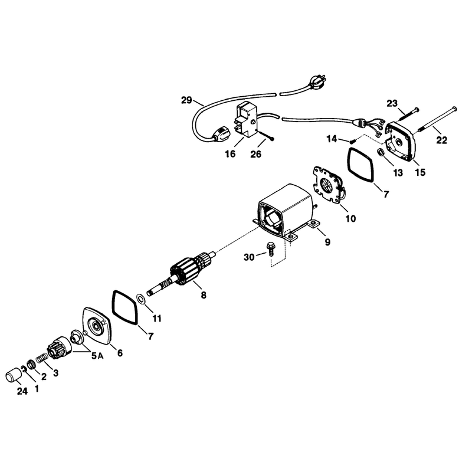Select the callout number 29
point(186,100)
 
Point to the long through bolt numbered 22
point(437,120)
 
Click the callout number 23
point(392,104)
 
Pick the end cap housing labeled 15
point(401,142)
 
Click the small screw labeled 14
point(353,140)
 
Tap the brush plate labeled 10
point(329,185)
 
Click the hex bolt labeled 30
point(270,248)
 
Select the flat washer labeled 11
point(140,299)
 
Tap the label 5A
point(97,356)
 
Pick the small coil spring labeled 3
point(42,359)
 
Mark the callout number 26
point(256,154)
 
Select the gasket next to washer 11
point(125,307)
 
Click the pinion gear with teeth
point(59,348)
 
